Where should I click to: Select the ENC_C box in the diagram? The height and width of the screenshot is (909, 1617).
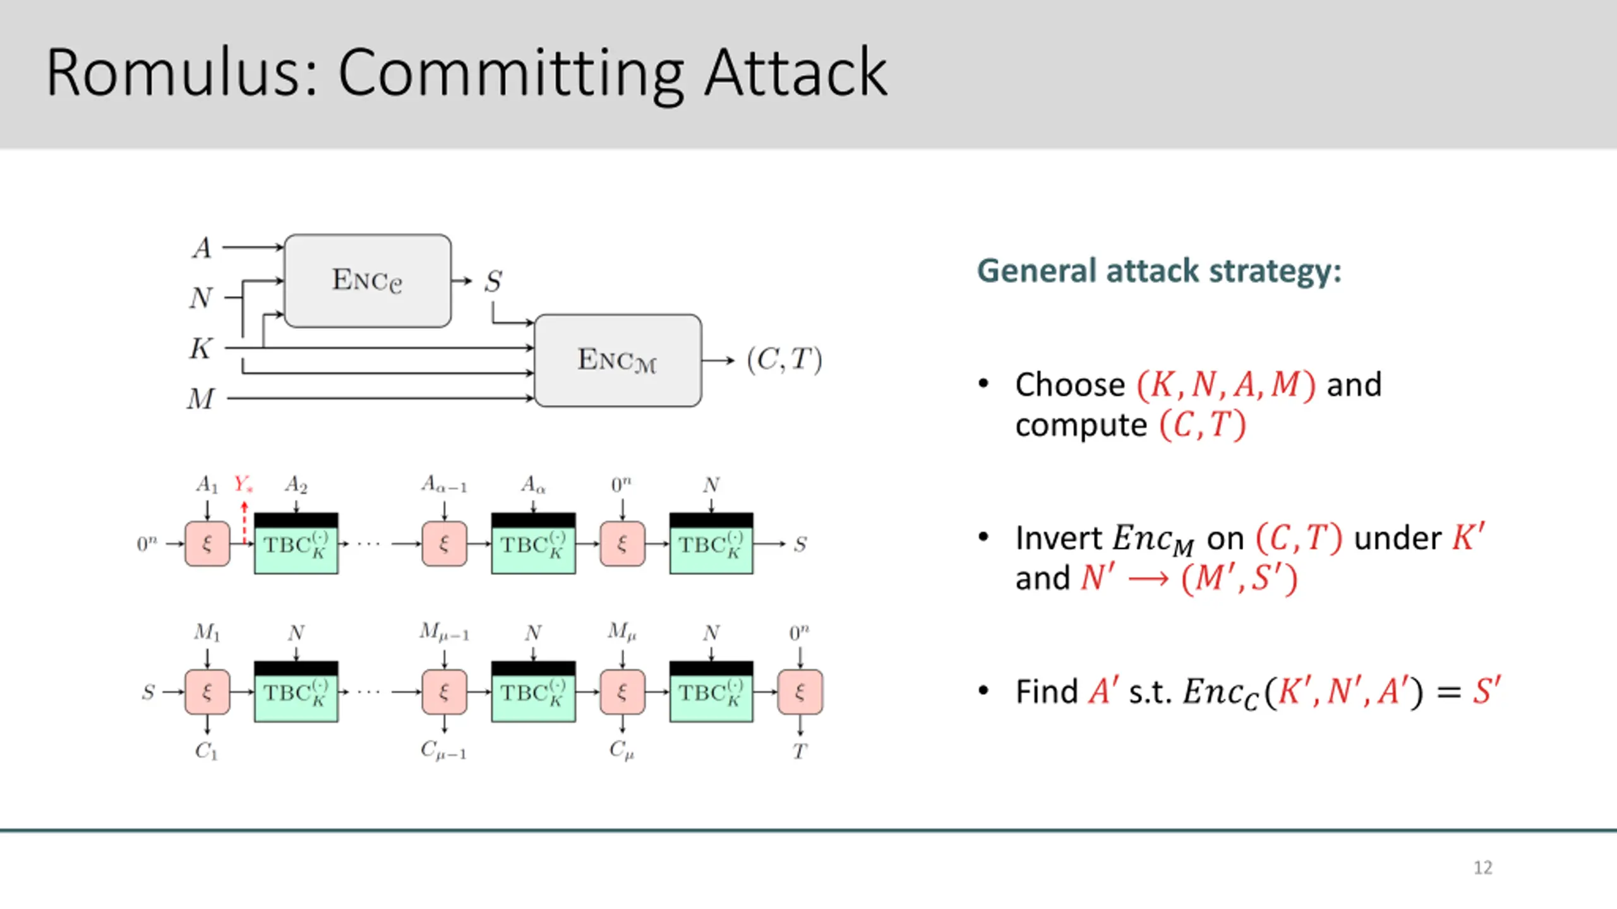click(x=368, y=281)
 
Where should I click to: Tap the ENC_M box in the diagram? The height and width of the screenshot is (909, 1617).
click(x=618, y=360)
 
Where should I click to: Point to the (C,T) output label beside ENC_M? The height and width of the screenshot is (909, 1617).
click(x=784, y=360)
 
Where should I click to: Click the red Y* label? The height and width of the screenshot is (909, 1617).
click(x=243, y=484)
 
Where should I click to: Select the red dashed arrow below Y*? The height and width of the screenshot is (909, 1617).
click(x=244, y=522)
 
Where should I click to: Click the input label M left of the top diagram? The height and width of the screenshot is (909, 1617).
click(x=201, y=399)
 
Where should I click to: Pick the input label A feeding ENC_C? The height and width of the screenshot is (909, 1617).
click(x=202, y=247)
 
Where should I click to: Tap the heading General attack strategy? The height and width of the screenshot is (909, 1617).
click(x=1159, y=271)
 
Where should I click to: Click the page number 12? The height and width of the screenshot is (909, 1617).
click(x=1483, y=867)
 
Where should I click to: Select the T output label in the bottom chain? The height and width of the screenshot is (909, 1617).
click(x=800, y=751)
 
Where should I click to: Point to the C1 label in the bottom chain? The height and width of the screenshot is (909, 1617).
click(x=207, y=751)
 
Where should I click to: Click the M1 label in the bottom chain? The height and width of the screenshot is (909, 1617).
click(x=207, y=632)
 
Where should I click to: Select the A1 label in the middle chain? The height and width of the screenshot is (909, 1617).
click(x=207, y=485)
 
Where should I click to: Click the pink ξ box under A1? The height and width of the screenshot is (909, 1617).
click(x=207, y=544)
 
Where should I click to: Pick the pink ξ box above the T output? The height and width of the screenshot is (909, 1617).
click(x=800, y=692)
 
